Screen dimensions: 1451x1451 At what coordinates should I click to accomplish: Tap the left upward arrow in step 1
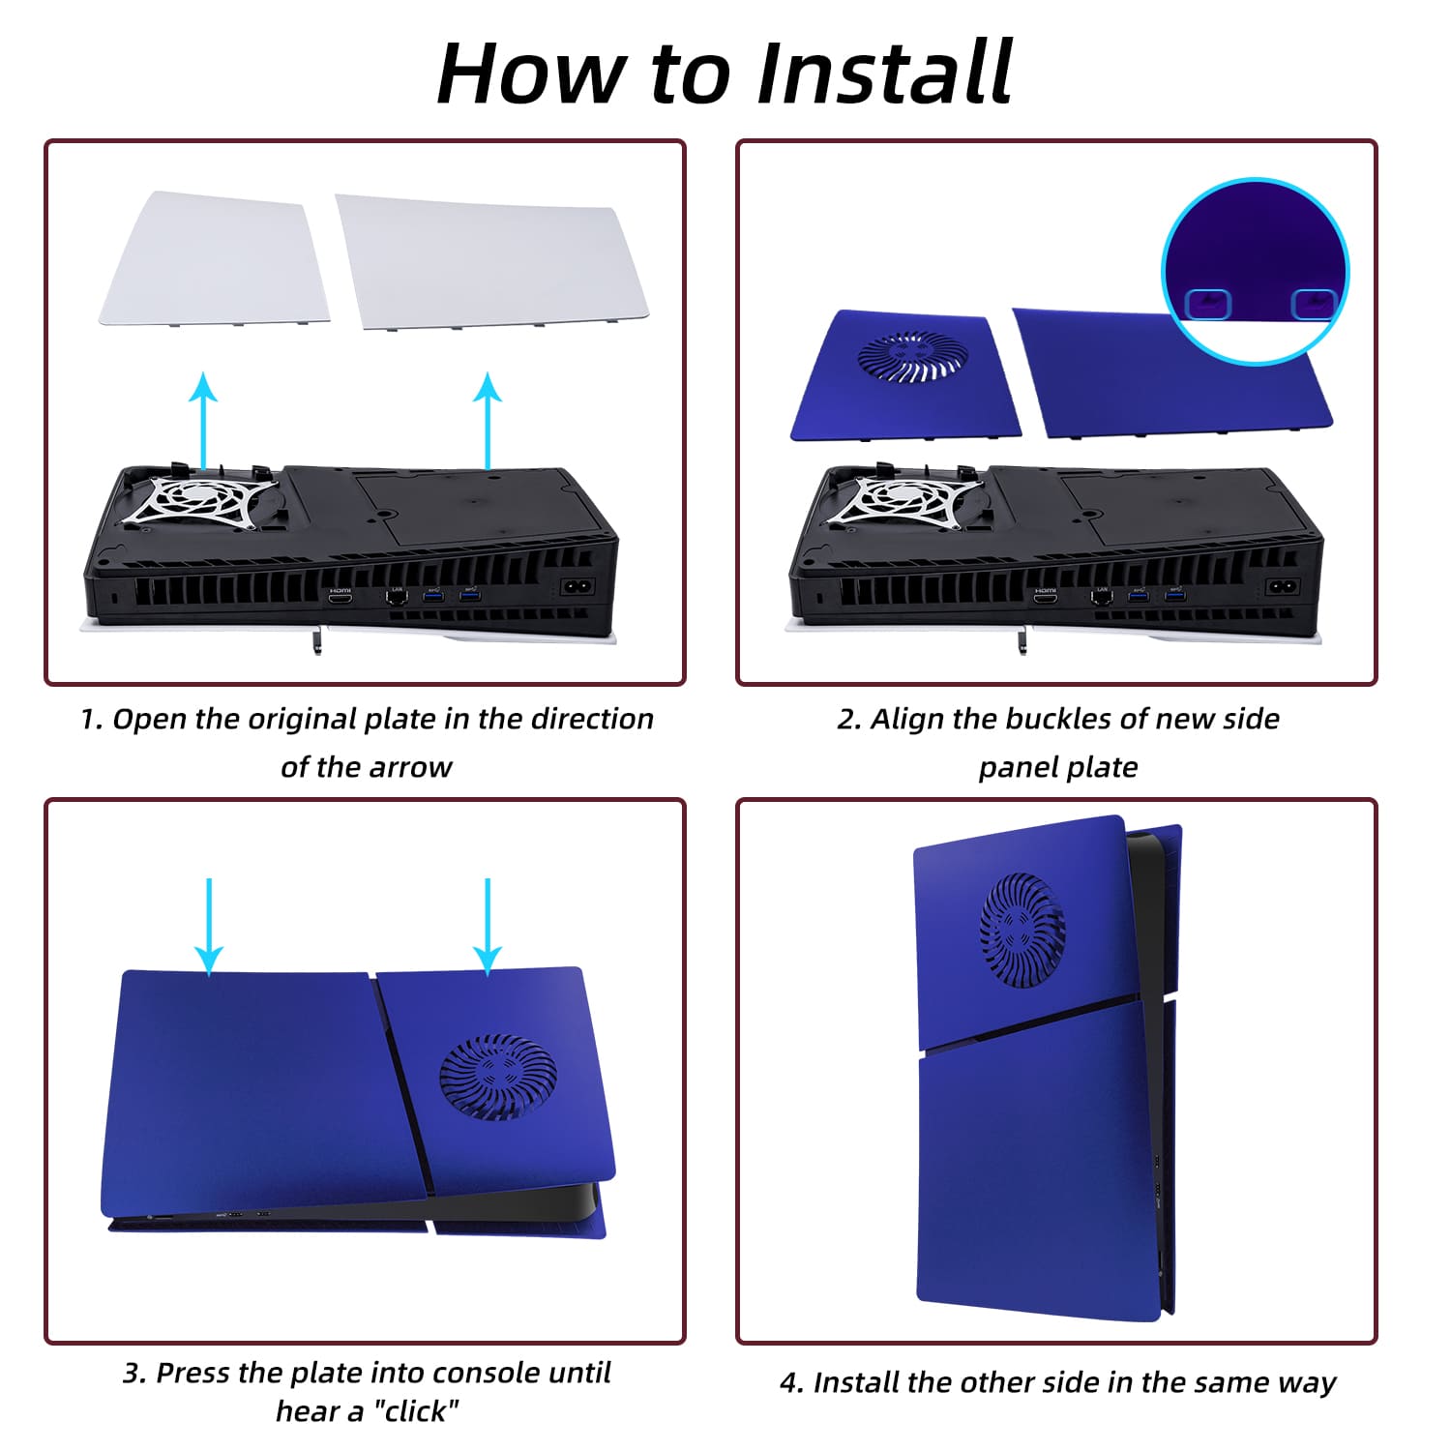[x=203, y=421]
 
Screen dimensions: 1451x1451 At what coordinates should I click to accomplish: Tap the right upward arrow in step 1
[x=488, y=421]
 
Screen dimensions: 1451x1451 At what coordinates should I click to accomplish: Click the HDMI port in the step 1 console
[x=341, y=600]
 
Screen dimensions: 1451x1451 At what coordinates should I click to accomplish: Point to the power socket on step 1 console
[x=578, y=587]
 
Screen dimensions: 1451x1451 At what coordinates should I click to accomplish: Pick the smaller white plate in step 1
[x=215, y=258]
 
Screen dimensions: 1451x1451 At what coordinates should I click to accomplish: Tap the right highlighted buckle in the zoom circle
[x=1315, y=304]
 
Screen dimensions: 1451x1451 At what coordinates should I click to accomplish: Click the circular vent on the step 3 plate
[x=498, y=1077]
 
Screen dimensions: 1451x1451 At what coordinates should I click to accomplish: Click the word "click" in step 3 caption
[x=416, y=1411]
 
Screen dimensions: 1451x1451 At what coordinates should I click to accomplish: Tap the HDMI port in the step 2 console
[x=1045, y=600]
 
